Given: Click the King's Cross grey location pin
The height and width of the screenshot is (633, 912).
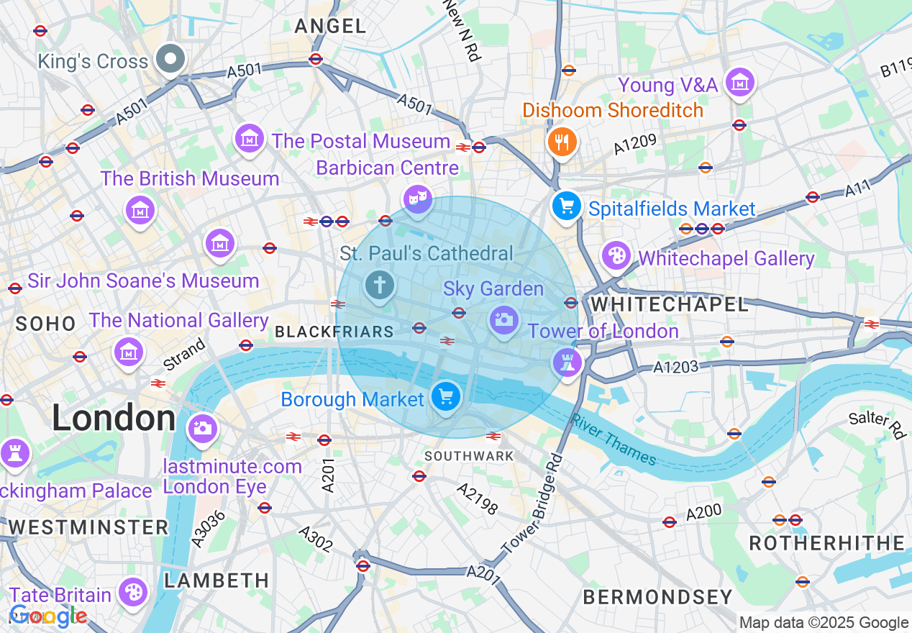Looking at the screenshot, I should [170, 60].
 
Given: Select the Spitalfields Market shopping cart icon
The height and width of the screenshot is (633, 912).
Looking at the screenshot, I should [567, 206].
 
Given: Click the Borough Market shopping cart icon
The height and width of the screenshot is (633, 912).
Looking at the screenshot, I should [446, 396].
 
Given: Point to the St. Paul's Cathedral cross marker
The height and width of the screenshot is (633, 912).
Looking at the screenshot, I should [379, 286].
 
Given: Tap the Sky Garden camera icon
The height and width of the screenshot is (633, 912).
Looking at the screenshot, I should [504, 319].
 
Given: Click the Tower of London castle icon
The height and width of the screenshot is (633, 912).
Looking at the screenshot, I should [567, 362].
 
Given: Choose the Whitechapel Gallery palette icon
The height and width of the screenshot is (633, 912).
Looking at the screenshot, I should [616, 255].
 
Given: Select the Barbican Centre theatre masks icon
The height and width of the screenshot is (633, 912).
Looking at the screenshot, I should [417, 198].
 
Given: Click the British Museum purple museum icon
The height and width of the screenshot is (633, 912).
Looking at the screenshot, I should [140, 210].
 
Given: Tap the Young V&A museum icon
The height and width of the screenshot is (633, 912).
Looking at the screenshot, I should [739, 83].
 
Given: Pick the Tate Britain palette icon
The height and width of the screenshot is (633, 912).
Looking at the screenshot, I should [133, 593].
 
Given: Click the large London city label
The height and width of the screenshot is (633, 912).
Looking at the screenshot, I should [114, 418].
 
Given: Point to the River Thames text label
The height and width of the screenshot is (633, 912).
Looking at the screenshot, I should [614, 439].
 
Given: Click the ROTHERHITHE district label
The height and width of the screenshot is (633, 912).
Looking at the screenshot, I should [826, 543].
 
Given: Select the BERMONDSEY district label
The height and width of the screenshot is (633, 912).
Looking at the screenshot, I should [657, 596].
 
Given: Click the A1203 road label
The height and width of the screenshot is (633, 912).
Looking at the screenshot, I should [675, 367].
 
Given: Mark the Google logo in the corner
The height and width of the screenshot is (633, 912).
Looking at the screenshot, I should [47, 616].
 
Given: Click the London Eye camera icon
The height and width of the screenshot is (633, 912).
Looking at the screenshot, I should [202, 429].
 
